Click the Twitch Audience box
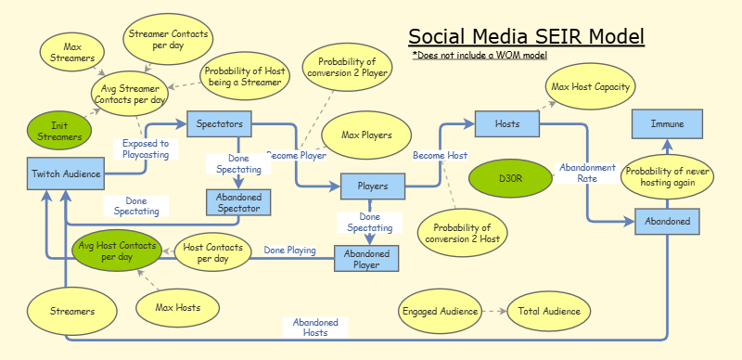point(66,174)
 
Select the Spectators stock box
point(220,122)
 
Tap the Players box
point(372,186)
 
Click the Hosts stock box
point(507,122)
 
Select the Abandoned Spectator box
point(238,202)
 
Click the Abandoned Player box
point(365,258)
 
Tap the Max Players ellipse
point(367,135)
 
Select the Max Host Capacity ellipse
point(591,87)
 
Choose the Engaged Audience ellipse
point(440,312)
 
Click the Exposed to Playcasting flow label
point(146,148)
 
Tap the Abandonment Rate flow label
point(586,173)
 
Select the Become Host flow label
point(440,155)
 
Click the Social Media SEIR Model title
point(526,37)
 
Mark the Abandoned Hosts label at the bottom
point(315,328)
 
